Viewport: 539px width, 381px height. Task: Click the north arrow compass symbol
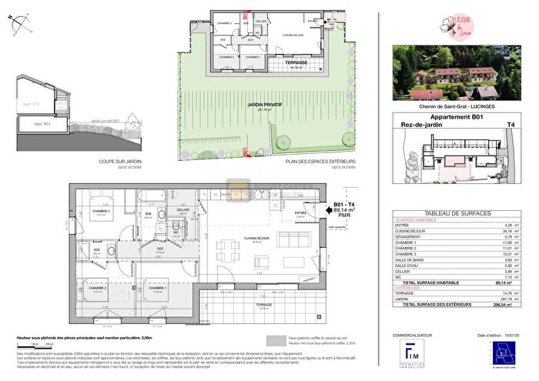pyautogui.click(x=21, y=26)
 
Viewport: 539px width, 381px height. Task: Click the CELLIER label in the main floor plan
pyautogui.click(x=183, y=209)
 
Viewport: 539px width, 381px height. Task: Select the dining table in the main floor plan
pyautogui.click(x=228, y=251)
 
